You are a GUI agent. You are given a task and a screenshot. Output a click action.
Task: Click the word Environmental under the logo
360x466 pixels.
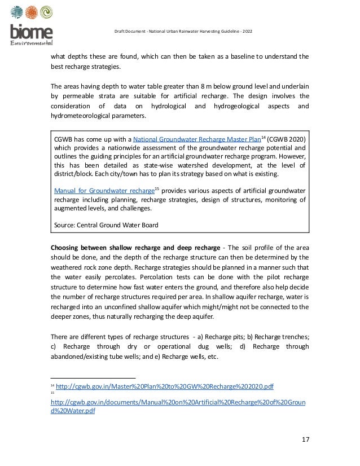32,43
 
